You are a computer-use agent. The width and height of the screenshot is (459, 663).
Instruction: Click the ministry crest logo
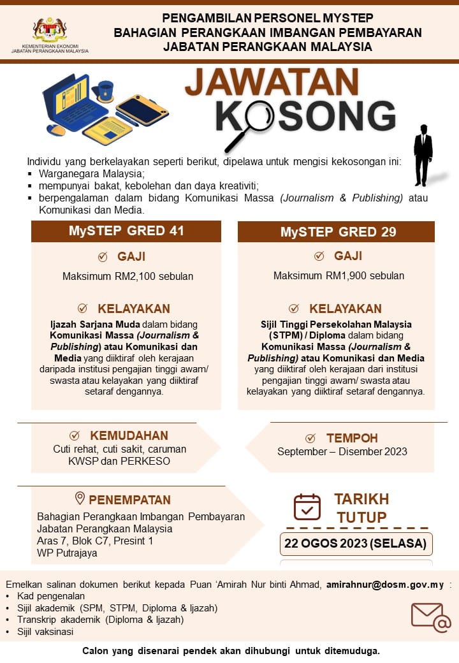(50, 30)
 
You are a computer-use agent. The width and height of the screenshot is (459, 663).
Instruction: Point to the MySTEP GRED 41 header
(126, 231)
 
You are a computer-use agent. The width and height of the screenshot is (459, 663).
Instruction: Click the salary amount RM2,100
(127, 276)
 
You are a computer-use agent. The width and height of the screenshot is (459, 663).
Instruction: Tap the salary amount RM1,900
(339, 276)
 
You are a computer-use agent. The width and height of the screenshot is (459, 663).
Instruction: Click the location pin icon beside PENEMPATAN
(80, 499)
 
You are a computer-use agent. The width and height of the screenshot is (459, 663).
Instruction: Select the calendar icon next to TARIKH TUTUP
(307, 507)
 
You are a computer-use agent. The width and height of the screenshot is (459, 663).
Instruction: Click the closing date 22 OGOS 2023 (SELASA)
(356, 544)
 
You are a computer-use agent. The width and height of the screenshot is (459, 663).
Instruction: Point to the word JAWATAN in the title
(272, 83)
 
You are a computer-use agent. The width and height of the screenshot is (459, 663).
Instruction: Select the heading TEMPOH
(352, 438)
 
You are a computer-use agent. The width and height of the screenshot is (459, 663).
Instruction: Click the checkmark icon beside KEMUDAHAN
(75, 436)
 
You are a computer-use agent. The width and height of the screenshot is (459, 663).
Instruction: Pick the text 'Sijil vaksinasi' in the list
(45, 632)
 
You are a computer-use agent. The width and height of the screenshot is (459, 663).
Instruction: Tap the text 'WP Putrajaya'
(67, 553)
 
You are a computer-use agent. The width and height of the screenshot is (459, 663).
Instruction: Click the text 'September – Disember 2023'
(342, 451)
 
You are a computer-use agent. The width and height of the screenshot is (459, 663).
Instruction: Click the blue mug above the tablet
(106, 91)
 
